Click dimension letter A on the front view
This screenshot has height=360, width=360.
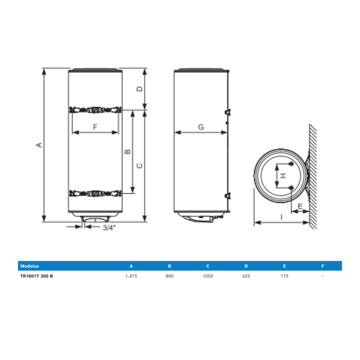(x=39, y=145)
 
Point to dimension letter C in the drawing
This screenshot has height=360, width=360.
(x=140, y=165)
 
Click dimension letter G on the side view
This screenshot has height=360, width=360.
(x=201, y=127)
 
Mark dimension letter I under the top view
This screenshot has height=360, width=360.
(x=281, y=216)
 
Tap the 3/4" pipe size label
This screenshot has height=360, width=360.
(x=109, y=228)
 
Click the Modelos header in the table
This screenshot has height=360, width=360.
(x=30, y=266)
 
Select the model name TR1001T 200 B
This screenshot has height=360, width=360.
(x=36, y=276)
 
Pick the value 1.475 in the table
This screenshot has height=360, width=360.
(x=131, y=276)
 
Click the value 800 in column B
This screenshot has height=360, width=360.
(x=169, y=276)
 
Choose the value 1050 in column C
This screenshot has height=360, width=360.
(x=208, y=276)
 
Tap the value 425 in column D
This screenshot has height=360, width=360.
(x=246, y=276)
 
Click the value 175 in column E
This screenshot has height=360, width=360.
(x=284, y=276)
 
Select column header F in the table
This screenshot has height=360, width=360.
(x=323, y=266)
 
